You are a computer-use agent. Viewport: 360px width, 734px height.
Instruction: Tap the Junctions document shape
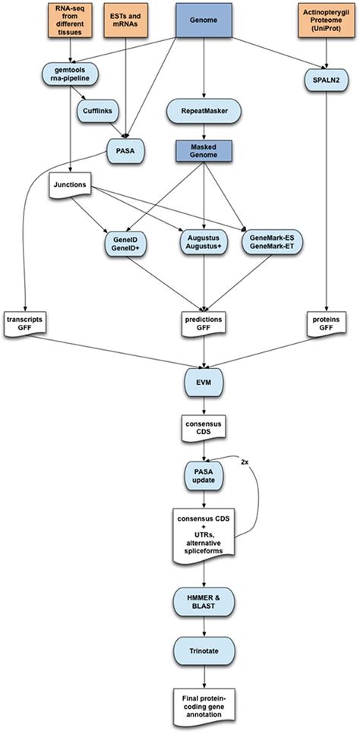(x=70, y=184)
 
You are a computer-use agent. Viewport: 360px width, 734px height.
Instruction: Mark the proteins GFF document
(x=327, y=322)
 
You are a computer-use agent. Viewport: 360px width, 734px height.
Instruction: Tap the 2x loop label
(x=243, y=462)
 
